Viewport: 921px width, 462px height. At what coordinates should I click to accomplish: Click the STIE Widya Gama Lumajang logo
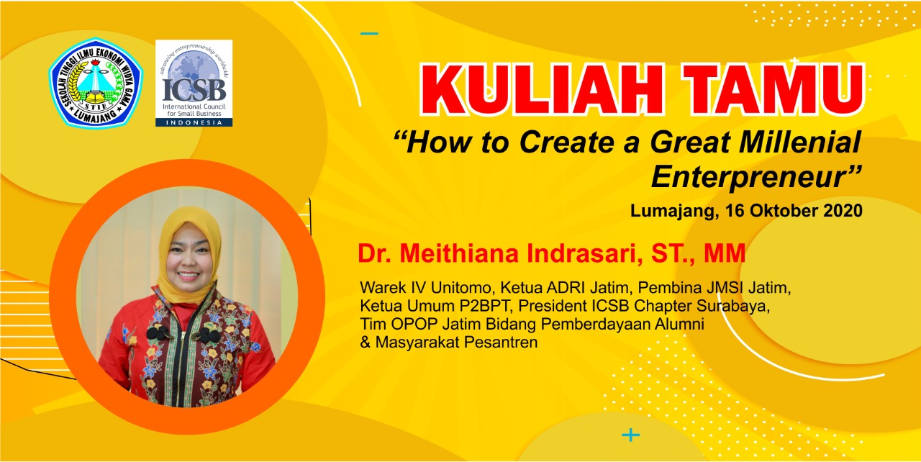pyautogui.click(x=96, y=82)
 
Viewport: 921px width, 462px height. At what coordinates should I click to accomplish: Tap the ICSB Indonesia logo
pyautogui.click(x=194, y=83)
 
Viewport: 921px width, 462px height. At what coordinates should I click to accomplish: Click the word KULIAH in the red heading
pyautogui.click(x=543, y=90)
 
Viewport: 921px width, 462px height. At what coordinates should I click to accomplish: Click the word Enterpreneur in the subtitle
pyautogui.click(x=750, y=177)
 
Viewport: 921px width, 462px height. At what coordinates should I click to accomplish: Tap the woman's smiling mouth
pyautogui.click(x=189, y=275)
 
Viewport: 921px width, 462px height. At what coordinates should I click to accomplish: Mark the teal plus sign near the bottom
pyautogui.click(x=631, y=435)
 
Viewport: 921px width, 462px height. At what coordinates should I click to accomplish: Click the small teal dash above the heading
pyautogui.click(x=369, y=33)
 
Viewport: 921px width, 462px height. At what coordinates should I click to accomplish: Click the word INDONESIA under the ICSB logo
pyautogui.click(x=194, y=122)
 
